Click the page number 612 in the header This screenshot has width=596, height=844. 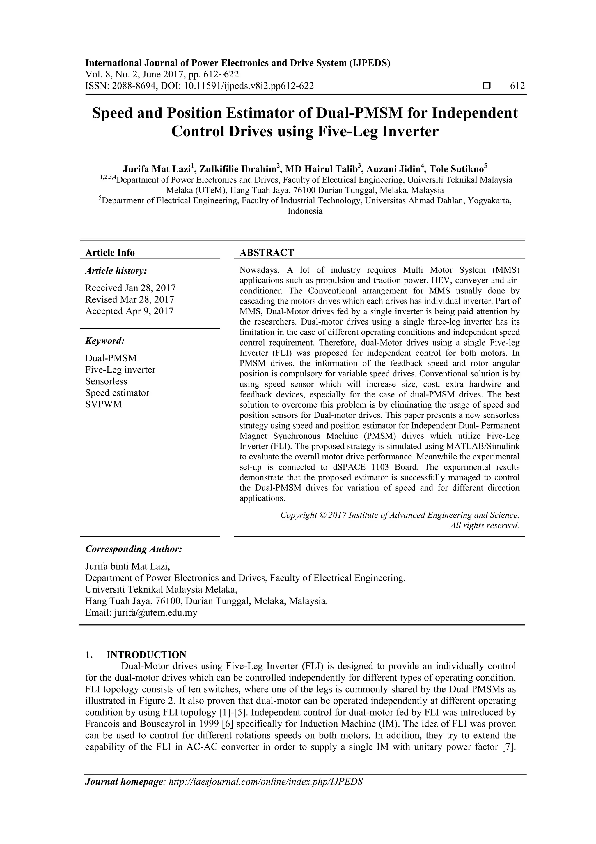pyautogui.click(x=517, y=86)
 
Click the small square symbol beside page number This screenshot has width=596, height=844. pyautogui.click(x=487, y=86)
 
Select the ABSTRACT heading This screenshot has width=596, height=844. pyautogui.click(x=267, y=253)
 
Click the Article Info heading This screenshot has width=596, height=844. pyautogui.click(x=110, y=253)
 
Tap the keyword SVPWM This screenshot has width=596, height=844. pyautogui.click(x=103, y=404)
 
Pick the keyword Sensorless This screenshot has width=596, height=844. pyautogui.click(x=106, y=381)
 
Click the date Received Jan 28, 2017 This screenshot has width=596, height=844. pyautogui.click(x=130, y=288)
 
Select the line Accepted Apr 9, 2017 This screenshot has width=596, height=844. pyautogui.click(x=129, y=311)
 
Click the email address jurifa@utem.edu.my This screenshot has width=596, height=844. pyautogui.click(x=155, y=613)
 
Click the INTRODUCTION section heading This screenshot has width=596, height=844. pyautogui.click(x=146, y=655)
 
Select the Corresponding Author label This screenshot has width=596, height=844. pyautogui.click(x=134, y=549)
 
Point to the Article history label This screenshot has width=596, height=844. pyautogui.click(x=116, y=271)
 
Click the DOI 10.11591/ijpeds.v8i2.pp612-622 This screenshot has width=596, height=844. pyautogui.click(x=249, y=86)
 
